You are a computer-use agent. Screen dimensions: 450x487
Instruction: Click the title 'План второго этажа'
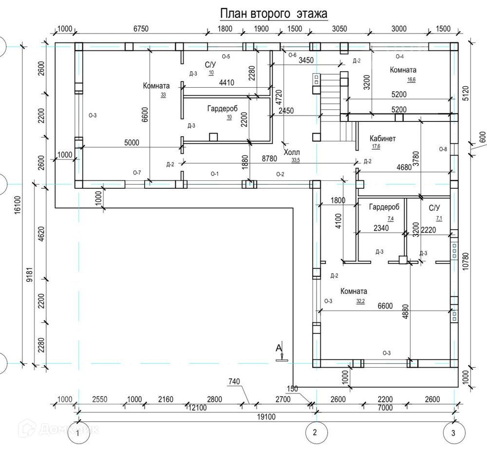(x=273, y=13)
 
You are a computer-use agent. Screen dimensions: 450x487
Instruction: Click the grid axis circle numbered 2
(x=315, y=432)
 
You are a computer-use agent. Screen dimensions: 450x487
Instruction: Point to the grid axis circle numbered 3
(x=453, y=432)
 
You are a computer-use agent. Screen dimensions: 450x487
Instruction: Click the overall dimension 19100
(x=266, y=416)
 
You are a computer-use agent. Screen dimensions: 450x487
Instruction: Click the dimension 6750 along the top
(x=140, y=29)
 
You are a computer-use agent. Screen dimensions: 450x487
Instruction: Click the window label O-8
(x=443, y=149)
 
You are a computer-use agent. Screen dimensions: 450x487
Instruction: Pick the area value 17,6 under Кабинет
(x=376, y=146)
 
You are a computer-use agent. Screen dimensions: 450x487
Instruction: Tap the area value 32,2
(x=360, y=301)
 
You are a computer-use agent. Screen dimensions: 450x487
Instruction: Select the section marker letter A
(x=279, y=348)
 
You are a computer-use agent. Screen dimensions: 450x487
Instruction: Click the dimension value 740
(x=235, y=381)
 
